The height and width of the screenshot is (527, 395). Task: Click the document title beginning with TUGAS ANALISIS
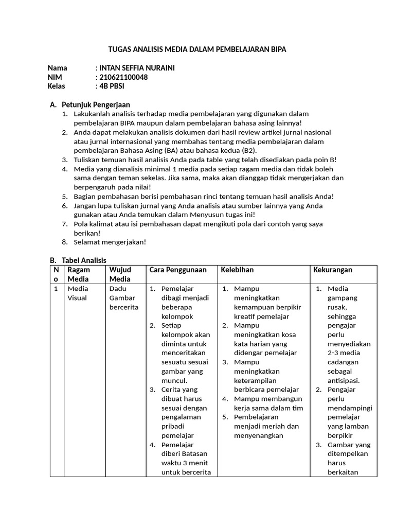tap(197, 49)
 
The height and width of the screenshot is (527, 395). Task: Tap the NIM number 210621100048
tap(123, 77)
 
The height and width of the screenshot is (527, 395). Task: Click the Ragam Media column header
tap(79, 274)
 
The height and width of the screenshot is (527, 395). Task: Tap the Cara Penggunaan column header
tap(178, 270)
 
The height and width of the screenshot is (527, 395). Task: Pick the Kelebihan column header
tap(237, 270)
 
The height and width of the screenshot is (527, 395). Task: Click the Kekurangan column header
tap(333, 270)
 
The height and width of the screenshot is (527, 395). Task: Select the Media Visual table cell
tap(78, 293)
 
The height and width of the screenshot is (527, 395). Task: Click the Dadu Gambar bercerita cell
tap(122, 297)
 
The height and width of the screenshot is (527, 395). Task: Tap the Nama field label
tap(58, 68)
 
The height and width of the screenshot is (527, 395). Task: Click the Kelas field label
tap(57, 86)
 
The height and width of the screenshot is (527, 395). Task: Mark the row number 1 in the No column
tap(56, 289)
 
